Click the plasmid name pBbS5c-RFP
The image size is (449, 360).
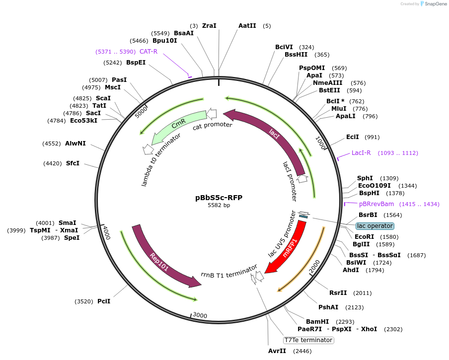[x=219, y=197]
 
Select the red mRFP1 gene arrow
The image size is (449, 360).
[x=289, y=247]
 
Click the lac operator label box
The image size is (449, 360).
[x=374, y=226]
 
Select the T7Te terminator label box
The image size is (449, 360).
[x=308, y=340]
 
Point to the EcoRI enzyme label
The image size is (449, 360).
[x=364, y=237]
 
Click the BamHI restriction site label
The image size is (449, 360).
[x=317, y=322]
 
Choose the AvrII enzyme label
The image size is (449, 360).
[x=277, y=351]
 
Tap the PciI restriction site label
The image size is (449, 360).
[x=104, y=301]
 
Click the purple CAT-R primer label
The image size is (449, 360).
[x=149, y=52]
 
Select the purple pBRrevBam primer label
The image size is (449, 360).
[x=376, y=204]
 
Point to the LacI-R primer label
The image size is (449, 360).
[x=361, y=153]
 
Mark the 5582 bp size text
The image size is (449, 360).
[x=219, y=206]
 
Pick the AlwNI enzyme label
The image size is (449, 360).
[x=75, y=144]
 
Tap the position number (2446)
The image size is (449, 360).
[x=302, y=351]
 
